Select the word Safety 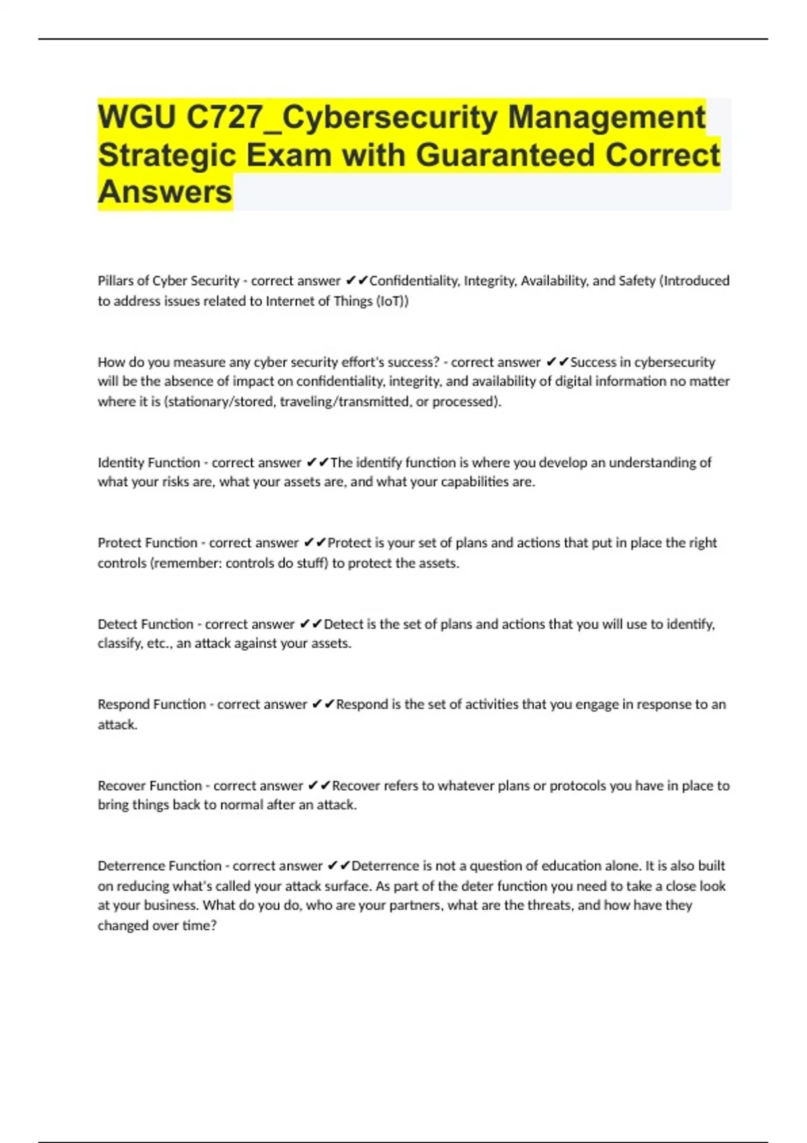(x=637, y=280)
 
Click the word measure (x=200, y=362)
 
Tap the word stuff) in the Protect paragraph (x=312, y=563)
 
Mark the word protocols (x=578, y=785)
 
